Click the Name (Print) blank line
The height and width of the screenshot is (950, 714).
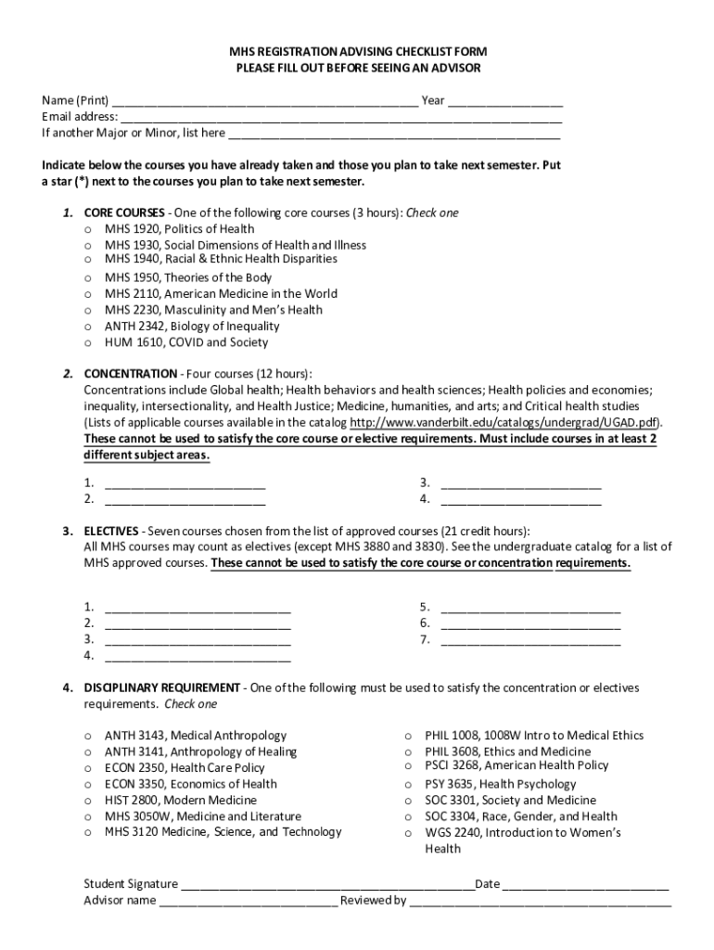coord(264,102)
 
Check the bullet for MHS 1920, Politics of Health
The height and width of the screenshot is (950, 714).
coord(88,230)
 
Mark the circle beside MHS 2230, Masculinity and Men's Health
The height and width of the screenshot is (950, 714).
coord(88,311)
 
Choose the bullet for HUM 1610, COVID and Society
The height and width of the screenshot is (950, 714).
coord(88,343)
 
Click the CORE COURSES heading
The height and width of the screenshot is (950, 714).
coord(124,212)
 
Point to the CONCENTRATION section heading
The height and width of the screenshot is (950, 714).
coord(124,374)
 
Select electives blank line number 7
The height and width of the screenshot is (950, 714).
coord(530,640)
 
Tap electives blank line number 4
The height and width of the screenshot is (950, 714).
coord(198,657)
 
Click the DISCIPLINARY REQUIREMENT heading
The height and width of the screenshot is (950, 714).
coord(161,687)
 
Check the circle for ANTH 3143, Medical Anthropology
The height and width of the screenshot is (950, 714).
coord(88,737)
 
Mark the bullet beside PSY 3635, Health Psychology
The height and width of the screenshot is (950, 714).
coord(408,785)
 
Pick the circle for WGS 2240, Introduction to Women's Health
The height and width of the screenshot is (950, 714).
coord(408,834)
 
